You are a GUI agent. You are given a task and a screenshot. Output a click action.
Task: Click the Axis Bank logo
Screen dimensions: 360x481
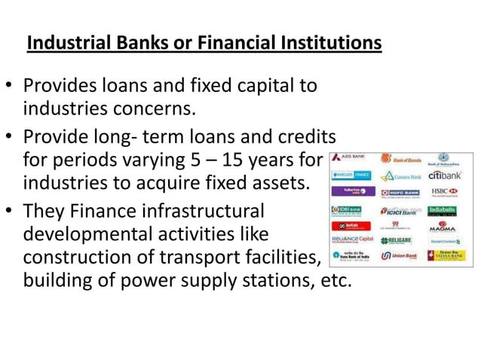[x=348, y=158]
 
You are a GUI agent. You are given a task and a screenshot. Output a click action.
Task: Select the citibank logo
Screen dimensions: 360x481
[x=446, y=175]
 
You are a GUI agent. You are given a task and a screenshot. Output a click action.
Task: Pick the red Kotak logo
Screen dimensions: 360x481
[x=348, y=225]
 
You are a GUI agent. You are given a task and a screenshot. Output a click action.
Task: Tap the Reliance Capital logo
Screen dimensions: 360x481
[x=348, y=241]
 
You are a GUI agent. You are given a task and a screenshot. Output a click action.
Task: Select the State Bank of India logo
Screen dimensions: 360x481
[x=348, y=257]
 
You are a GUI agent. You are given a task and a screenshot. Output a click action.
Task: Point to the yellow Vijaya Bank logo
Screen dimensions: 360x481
[x=446, y=256]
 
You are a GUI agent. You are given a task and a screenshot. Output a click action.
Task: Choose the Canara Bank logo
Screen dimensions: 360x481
[x=400, y=176]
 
